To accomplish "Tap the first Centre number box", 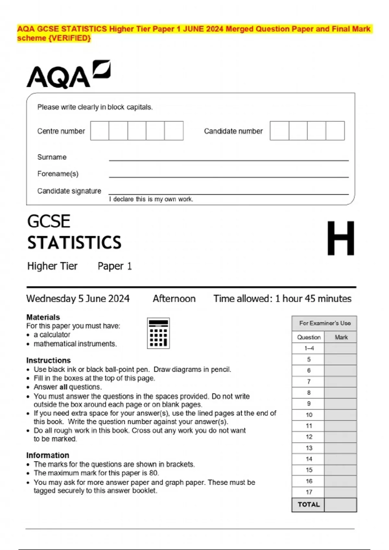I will [x=100, y=131].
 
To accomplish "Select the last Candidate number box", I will [x=335, y=131].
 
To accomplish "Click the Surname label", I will [x=52, y=157].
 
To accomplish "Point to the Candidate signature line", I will [x=229, y=193].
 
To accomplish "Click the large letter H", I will [x=340, y=238].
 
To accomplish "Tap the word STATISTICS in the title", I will [x=74, y=243].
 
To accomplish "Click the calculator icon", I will [x=158, y=333].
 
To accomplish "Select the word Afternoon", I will [x=174, y=299].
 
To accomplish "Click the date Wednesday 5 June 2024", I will [x=78, y=299].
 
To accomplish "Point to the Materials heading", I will [x=43, y=317].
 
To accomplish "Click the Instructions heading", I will [x=48, y=360].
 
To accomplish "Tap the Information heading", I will [x=48, y=455].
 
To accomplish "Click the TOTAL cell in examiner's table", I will [x=308, y=504].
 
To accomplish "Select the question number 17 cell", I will [x=309, y=492].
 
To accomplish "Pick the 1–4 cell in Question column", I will [x=309, y=348].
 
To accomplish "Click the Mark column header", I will [x=341, y=337].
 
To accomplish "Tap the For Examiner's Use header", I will [x=325, y=323].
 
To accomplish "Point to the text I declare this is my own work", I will [x=151, y=199].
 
